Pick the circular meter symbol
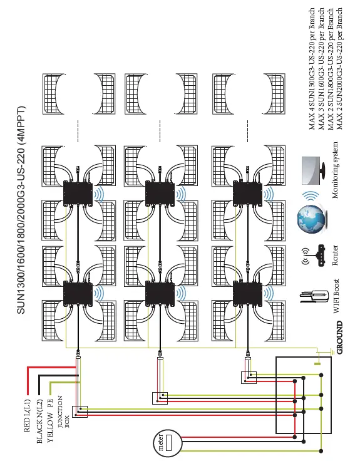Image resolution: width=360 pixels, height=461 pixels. pos(165,443)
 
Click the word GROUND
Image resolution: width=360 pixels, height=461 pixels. pos(339,338)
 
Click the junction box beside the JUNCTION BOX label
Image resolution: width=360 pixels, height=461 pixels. pos(80,412)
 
